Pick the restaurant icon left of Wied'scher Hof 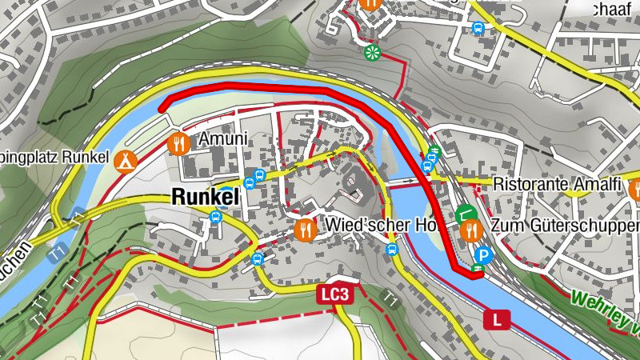[x=305, y=230]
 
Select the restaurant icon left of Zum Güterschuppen [x=471, y=230]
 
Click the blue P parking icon [x=483, y=255]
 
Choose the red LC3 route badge [x=334, y=294]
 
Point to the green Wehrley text [x=604, y=310]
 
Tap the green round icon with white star [x=371, y=53]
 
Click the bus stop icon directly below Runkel [x=214, y=217]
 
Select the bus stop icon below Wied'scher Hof [x=391, y=249]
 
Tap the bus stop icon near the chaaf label [x=478, y=29]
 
